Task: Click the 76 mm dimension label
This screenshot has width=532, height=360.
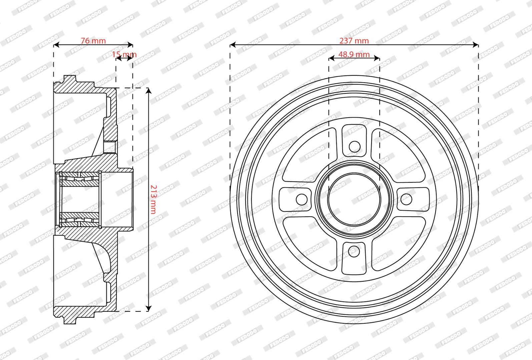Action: click(93, 41)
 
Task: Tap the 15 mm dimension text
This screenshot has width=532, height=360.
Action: click(124, 55)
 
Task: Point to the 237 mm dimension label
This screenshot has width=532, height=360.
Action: click(354, 41)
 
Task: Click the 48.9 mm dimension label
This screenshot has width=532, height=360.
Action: click(354, 55)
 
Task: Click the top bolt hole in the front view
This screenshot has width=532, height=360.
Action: click(355, 147)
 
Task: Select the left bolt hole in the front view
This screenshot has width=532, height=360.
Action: click(302, 199)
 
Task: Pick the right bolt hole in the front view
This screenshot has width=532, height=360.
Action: click(406, 199)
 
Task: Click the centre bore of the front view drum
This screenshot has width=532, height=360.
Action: click(354, 199)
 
